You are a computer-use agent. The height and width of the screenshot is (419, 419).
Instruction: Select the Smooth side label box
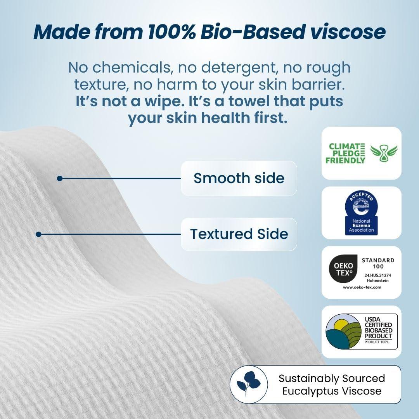(239, 178)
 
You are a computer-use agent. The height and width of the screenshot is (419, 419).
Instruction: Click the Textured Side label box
(239, 234)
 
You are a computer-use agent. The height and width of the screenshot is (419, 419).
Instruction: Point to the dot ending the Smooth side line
(59, 178)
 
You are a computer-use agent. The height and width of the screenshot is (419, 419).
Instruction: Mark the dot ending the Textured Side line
(38, 234)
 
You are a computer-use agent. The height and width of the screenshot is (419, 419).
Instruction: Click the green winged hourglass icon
(383, 153)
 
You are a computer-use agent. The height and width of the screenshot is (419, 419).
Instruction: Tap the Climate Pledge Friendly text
(346, 153)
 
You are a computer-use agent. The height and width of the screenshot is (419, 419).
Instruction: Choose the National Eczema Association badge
(361, 213)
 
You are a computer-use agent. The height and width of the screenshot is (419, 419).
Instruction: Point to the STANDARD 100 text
(377, 263)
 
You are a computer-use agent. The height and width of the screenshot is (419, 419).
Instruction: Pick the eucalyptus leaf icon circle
(249, 384)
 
